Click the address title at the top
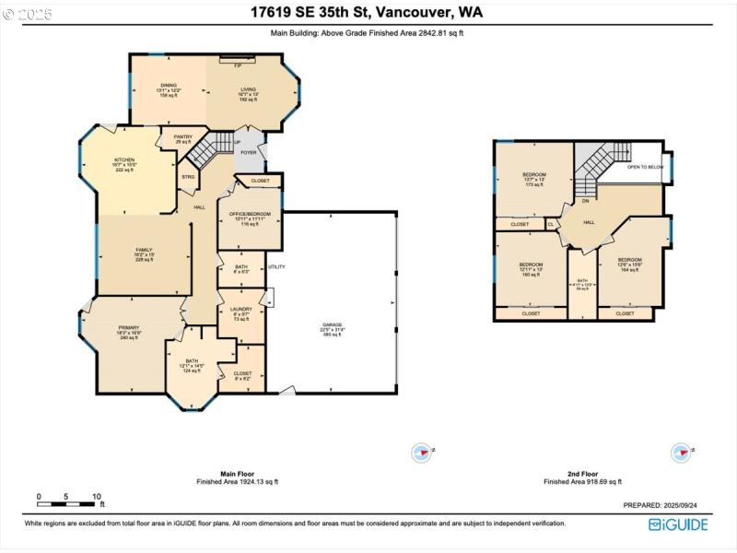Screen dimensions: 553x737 (366, 13)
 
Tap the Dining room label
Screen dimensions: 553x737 (168, 85)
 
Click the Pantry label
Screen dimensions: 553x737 (182, 136)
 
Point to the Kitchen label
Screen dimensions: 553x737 (124, 159)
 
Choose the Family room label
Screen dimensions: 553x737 (144, 250)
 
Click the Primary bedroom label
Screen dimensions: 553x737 (128, 327)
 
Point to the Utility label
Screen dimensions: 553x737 (277, 266)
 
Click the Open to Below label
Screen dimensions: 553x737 (645, 167)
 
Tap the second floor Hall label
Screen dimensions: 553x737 (590, 222)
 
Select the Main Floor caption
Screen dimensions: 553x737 (237, 473)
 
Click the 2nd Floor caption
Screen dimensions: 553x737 (582, 473)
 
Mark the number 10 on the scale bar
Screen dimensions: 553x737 (96, 497)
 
